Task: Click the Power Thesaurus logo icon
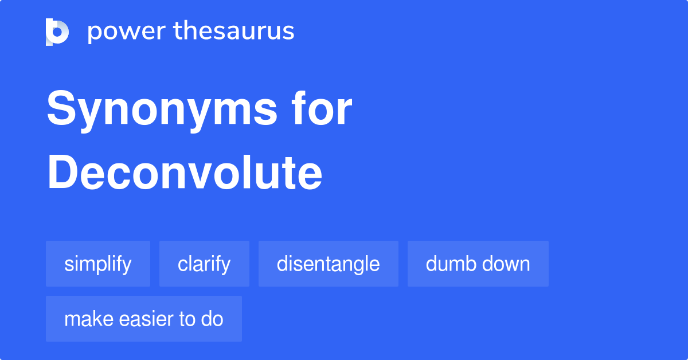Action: click(57, 32)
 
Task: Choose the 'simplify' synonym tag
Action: click(98, 264)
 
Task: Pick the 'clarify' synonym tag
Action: click(204, 264)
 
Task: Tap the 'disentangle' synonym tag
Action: click(328, 264)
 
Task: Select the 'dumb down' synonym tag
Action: click(478, 264)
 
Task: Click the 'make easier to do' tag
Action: click(144, 319)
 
